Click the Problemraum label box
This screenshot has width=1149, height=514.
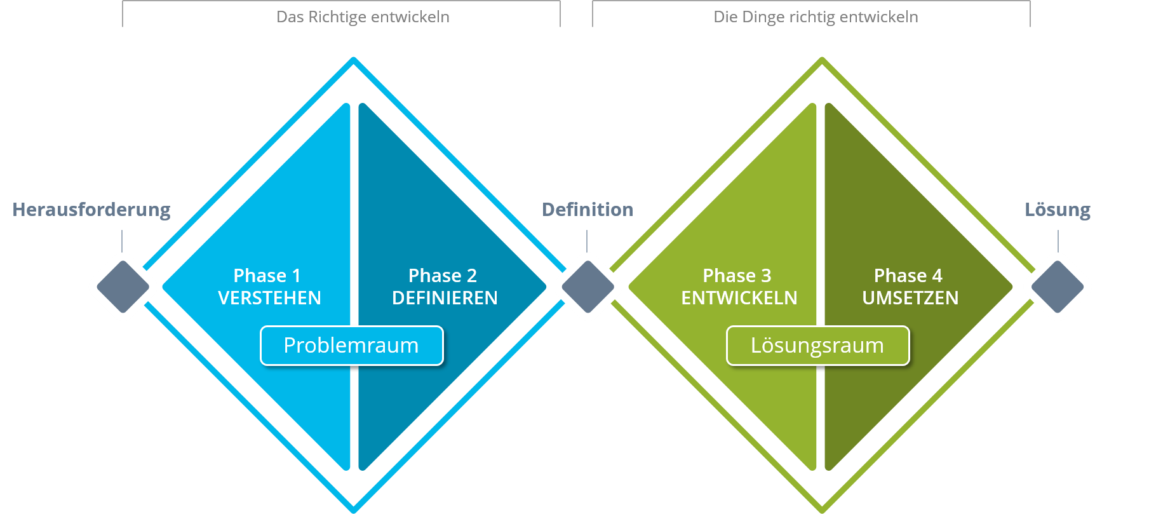(351, 346)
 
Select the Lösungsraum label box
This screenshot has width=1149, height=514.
(817, 346)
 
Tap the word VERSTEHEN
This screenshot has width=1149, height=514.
(269, 298)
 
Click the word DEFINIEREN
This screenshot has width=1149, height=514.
(445, 298)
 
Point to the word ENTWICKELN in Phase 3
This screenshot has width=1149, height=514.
(739, 298)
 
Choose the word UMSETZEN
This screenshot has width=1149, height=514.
(910, 298)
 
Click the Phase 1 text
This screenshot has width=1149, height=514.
(267, 276)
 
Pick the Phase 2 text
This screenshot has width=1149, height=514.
(442, 276)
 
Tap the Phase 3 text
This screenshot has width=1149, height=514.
(737, 276)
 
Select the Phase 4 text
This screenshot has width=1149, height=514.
(908, 276)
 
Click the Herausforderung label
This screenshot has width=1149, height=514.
(91, 210)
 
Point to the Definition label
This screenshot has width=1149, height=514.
(588, 210)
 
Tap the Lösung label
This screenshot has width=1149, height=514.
(1058, 210)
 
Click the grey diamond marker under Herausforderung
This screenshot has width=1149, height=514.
(123, 287)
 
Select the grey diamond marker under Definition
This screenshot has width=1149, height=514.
(588, 287)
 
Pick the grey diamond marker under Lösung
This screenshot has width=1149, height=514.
(1058, 287)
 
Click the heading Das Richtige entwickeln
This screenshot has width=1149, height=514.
(363, 17)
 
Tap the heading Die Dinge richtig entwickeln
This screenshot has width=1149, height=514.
(816, 17)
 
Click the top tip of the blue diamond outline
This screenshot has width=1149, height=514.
(354, 60)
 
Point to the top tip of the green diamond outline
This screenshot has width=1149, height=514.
(822, 60)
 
